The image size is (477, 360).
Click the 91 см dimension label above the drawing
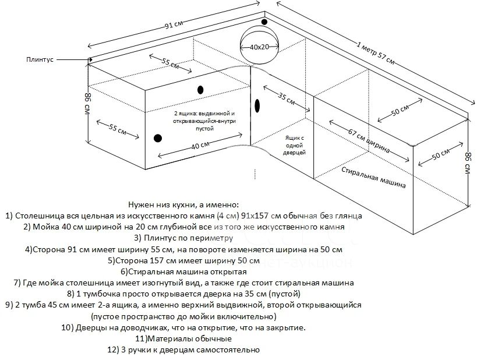click(174, 24)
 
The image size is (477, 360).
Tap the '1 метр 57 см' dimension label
click(376, 53)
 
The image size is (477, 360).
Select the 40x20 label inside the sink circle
click(260, 47)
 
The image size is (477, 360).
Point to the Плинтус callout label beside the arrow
click(40, 59)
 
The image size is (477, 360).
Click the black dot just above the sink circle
click(264, 22)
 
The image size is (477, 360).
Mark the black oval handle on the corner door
click(257, 105)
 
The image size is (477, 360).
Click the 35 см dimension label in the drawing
click(287, 98)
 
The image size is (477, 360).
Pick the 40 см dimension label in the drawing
click(200, 146)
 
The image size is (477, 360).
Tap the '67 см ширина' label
click(369, 141)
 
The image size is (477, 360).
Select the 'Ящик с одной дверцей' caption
click(294, 145)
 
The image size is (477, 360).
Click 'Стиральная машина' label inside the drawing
click(373, 178)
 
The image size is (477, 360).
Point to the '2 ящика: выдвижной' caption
click(204, 114)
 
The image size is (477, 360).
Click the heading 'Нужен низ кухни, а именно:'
click(183, 204)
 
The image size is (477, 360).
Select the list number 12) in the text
click(113, 350)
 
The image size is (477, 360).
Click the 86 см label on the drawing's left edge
click(87, 104)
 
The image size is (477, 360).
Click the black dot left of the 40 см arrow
click(158, 138)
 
